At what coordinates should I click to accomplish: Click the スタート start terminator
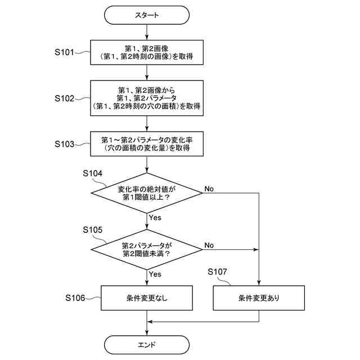(x=147, y=15)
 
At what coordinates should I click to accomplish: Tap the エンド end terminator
(x=147, y=345)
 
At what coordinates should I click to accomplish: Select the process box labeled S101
(x=147, y=52)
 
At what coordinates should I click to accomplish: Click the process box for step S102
(x=147, y=98)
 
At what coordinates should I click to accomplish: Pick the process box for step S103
(x=147, y=144)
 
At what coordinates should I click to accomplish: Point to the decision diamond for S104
(x=147, y=193)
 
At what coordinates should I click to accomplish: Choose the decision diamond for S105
(x=147, y=250)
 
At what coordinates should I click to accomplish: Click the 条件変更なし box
(x=147, y=298)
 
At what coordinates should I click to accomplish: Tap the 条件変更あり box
(x=259, y=298)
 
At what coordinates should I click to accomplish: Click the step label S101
(x=65, y=52)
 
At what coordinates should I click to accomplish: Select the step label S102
(x=65, y=98)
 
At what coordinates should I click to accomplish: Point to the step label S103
(x=65, y=144)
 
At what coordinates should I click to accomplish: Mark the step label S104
(x=92, y=173)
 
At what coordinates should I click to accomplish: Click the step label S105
(x=92, y=230)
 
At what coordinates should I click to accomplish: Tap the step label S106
(x=75, y=298)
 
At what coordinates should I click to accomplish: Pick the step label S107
(x=217, y=272)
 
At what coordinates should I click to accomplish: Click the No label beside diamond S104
(x=209, y=189)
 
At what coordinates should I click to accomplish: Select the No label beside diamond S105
(x=209, y=245)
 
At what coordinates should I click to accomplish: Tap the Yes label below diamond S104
(x=155, y=218)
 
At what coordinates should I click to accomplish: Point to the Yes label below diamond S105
(x=155, y=274)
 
